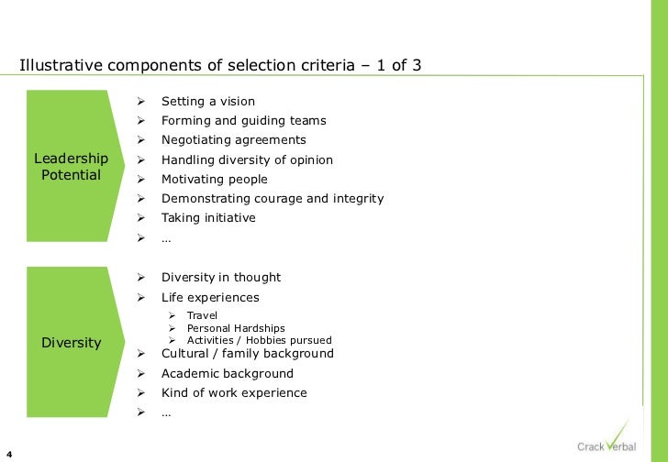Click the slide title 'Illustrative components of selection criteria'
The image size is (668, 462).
pyautogui.click(x=220, y=66)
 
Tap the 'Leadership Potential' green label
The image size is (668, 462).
pyautogui.click(x=72, y=167)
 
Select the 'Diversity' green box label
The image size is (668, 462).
pyautogui.click(x=72, y=343)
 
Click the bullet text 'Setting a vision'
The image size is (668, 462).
pyautogui.click(x=208, y=101)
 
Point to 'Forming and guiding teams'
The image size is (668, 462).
pyautogui.click(x=243, y=120)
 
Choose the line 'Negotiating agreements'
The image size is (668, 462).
pyautogui.click(x=234, y=140)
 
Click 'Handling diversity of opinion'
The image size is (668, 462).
pyautogui.click(x=247, y=159)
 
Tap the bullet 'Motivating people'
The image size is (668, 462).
pyautogui.click(x=215, y=179)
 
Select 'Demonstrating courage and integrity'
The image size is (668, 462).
pyautogui.click(x=273, y=198)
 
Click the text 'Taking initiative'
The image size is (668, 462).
pyautogui.click(x=208, y=218)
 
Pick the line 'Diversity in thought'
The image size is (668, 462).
pyautogui.click(x=221, y=277)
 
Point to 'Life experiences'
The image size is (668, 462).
pyautogui.click(x=210, y=297)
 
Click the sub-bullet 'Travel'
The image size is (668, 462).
pyautogui.click(x=202, y=315)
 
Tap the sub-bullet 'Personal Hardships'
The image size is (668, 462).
pyautogui.click(x=236, y=328)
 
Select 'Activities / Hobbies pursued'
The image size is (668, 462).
pyautogui.click(x=259, y=340)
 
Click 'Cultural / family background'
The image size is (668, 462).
pyautogui.click(x=248, y=353)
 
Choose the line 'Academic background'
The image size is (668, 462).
pyautogui.click(x=228, y=373)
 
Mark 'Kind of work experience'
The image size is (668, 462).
pyautogui.click(x=234, y=392)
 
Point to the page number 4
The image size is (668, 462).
pyautogui.click(x=7, y=452)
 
